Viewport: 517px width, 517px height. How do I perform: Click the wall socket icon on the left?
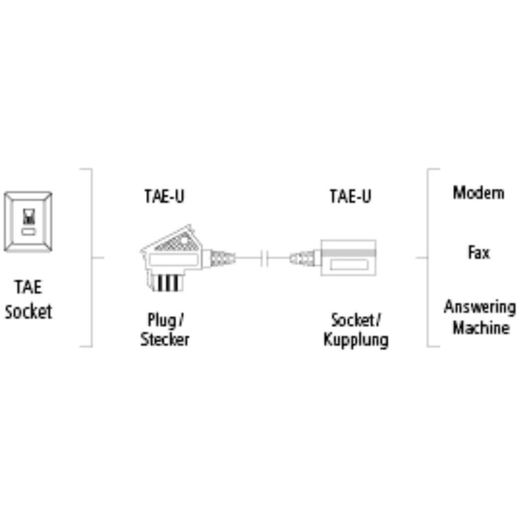28,222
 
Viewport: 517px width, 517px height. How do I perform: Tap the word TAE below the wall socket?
28,288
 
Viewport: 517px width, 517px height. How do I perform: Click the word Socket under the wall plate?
28,312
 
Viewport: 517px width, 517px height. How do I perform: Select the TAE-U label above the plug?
164,196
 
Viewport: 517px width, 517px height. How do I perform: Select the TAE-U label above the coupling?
350,196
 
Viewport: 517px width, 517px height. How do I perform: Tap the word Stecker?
164,340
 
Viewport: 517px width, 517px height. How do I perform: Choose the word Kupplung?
356,340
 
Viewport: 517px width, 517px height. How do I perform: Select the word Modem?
478,192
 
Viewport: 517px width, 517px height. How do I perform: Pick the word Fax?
478,252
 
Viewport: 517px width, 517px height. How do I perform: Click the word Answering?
479,306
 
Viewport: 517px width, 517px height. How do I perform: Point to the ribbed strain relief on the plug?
222,258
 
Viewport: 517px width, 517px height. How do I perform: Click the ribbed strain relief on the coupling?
303,258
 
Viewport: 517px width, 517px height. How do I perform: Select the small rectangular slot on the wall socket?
28,232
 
